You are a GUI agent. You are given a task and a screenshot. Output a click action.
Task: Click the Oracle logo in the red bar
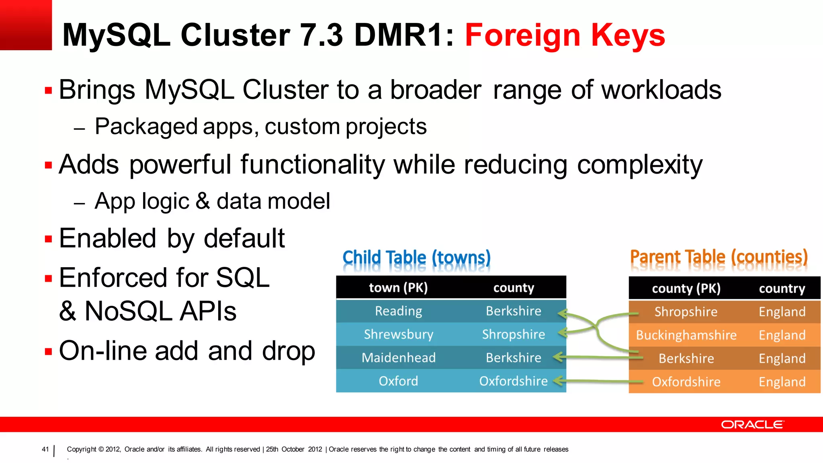click(x=752, y=424)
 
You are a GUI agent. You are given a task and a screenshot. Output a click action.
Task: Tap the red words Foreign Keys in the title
click(x=565, y=35)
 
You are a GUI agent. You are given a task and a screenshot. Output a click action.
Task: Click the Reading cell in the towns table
click(x=398, y=311)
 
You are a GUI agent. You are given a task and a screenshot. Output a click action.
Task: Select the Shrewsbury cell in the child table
click(x=398, y=334)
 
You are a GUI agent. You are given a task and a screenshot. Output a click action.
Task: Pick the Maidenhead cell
click(x=398, y=358)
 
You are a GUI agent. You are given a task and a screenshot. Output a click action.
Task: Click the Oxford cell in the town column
click(x=398, y=381)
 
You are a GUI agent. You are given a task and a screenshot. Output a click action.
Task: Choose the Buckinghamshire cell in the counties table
click(x=686, y=335)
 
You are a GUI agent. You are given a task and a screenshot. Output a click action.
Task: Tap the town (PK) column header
click(x=398, y=288)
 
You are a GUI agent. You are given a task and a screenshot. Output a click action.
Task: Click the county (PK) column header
click(x=686, y=289)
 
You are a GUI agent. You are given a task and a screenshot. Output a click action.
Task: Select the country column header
click(x=782, y=289)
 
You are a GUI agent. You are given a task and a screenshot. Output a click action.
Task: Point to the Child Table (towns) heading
click(x=416, y=258)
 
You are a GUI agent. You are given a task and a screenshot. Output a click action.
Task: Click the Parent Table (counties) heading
click(x=719, y=257)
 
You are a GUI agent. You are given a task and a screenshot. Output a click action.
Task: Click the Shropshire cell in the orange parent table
click(x=686, y=312)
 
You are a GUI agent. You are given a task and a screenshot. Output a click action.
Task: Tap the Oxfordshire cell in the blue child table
click(x=513, y=381)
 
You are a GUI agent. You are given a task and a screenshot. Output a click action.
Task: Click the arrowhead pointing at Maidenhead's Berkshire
click(x=557, y=357)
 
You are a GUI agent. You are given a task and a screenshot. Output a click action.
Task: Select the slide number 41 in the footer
click(x=45, y=449)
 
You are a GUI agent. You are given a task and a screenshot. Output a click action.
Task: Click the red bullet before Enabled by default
click(x=49, y=240)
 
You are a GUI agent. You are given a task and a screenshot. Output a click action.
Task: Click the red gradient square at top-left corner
click(x=26, y=25)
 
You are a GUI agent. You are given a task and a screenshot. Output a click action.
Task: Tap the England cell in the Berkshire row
click(x=782, y=359)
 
